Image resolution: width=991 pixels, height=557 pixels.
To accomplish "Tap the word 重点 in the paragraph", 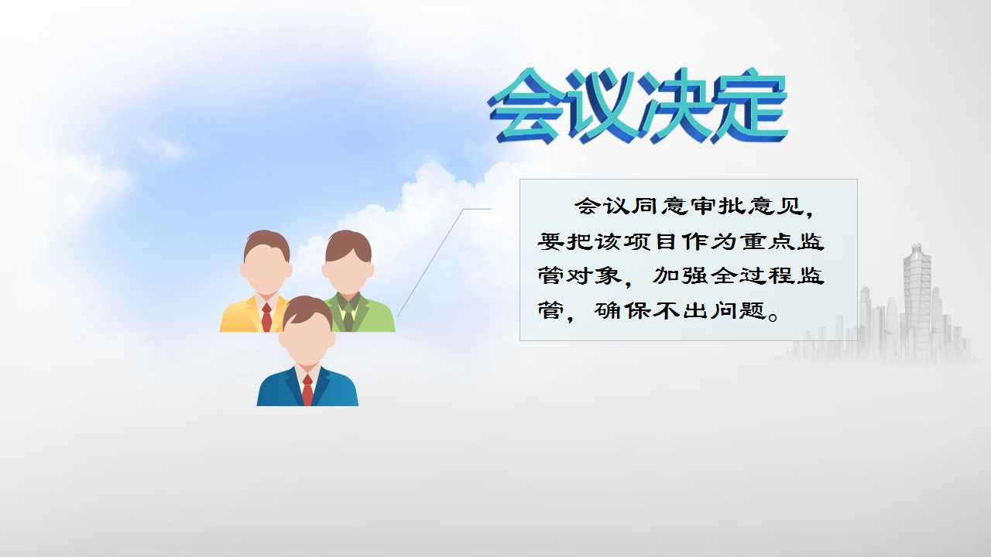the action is [x=766, y=242].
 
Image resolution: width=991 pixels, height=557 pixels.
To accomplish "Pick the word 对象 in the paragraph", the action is [x=594, y=276].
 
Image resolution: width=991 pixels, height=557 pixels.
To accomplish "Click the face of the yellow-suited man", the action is [x=266, y=270].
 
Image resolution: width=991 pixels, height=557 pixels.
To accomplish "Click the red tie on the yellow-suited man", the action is [x=266, y=317].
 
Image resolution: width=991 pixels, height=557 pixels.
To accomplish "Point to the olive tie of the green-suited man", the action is [x=348, y=317].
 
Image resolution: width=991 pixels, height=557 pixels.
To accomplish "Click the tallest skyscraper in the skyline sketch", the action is [x=917, y=302].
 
